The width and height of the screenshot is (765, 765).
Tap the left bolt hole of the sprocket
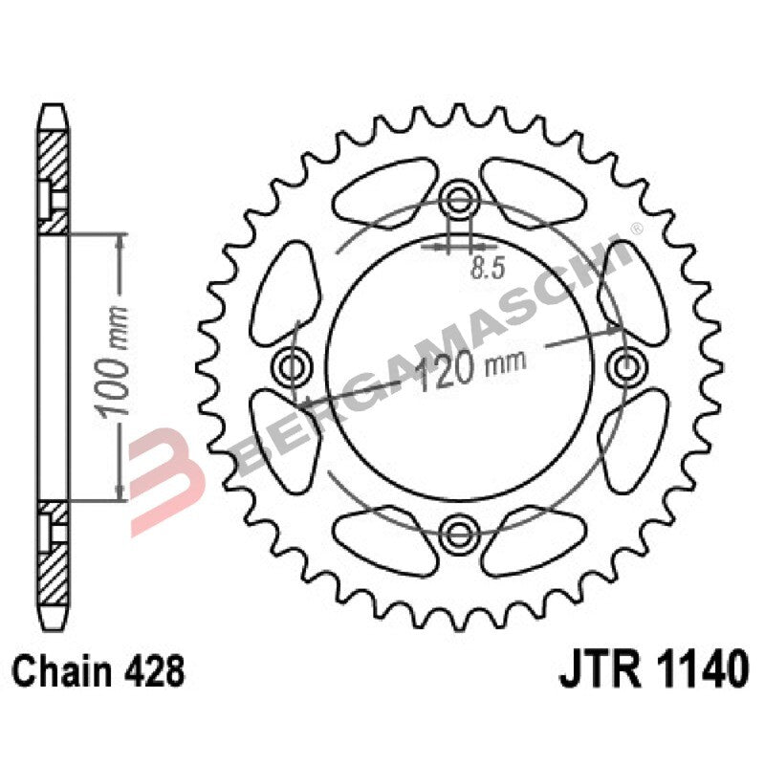point(293,364)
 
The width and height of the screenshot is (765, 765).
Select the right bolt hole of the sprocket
point(627,364)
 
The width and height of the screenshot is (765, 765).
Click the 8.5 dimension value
point(487,269)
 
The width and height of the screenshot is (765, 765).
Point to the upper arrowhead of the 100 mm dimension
point(119,240)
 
